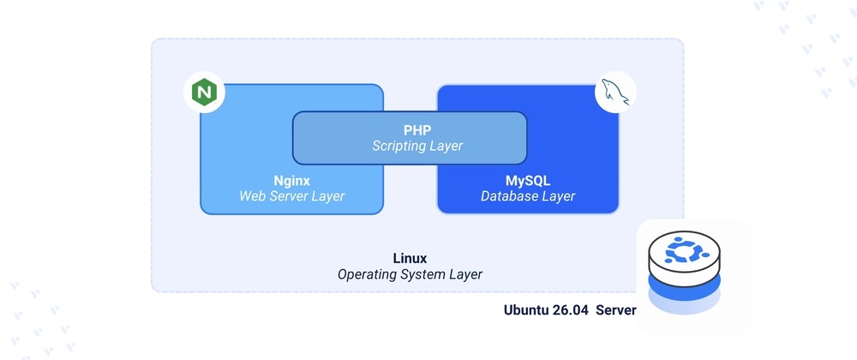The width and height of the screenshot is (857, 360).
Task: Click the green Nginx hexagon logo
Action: pyautogui.click(x=204, y=93)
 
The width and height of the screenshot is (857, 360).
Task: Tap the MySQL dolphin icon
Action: pyautogui.click(x=615, y=93)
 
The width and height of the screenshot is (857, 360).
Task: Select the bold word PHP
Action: pyautogui.click(x=417, y=130)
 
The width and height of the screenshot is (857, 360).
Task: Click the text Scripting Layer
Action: pyautogui.click(x=417, y=146)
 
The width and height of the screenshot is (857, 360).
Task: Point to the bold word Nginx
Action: pyautogui.click(x=292, y=180)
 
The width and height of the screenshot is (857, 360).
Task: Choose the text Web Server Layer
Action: pyautogui.click(x=292, y=195)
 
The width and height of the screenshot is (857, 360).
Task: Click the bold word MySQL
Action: pyautogui.click(x=527, y=180)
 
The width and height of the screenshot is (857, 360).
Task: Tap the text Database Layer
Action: pyautogui.click(x=527, y=195)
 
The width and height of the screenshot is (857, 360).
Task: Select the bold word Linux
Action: pyautogui.click(x=410, y=258)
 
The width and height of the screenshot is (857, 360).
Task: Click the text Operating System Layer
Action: pyautogui.click(x=410, y=274)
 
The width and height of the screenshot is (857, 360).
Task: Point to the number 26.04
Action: pyautogui.click(x=571, y=310)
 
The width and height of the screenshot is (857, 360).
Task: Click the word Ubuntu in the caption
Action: pyautogui.click(x=526, y=310)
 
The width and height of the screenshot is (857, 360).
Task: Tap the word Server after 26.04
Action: pyautogui.click(x=616, y=310)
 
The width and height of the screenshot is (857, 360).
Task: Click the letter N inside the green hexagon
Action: pyautogui.click(x=204, y=93)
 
